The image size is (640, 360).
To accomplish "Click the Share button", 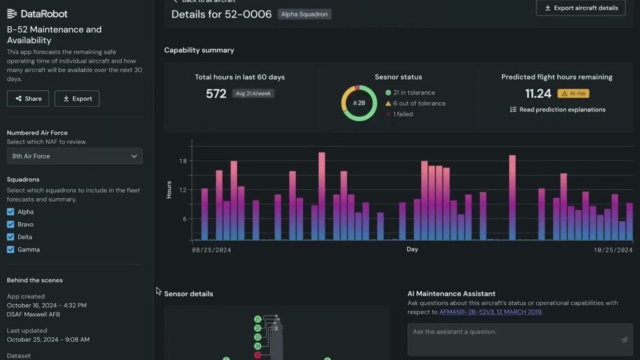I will pos(28,99).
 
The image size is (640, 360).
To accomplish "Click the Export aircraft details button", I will pos(581,8).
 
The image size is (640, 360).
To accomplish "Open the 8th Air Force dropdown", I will pos(74,156).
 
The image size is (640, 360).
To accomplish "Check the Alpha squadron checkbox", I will pos(11,212).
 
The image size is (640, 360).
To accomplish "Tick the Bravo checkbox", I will pos(11,224).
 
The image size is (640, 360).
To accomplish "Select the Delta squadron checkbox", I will pos(11,237).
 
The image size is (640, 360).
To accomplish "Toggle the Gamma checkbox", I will pos(11,249).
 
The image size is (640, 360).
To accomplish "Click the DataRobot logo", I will pos(37,14).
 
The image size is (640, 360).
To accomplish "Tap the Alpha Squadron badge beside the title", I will pos(304,14).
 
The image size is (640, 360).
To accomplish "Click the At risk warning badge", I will pos(573,94).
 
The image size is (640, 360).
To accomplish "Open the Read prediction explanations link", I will pos(557,109).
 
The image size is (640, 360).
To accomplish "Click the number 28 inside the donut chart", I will pos(359,103).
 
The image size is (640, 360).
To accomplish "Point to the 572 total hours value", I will pos(216,94).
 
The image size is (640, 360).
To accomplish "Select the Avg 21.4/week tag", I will pos(253,94).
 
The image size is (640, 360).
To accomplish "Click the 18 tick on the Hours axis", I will pos(182,161).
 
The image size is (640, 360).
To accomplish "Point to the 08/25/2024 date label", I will pos(212,250).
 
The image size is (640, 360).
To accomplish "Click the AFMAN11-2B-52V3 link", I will pos(490,312).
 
